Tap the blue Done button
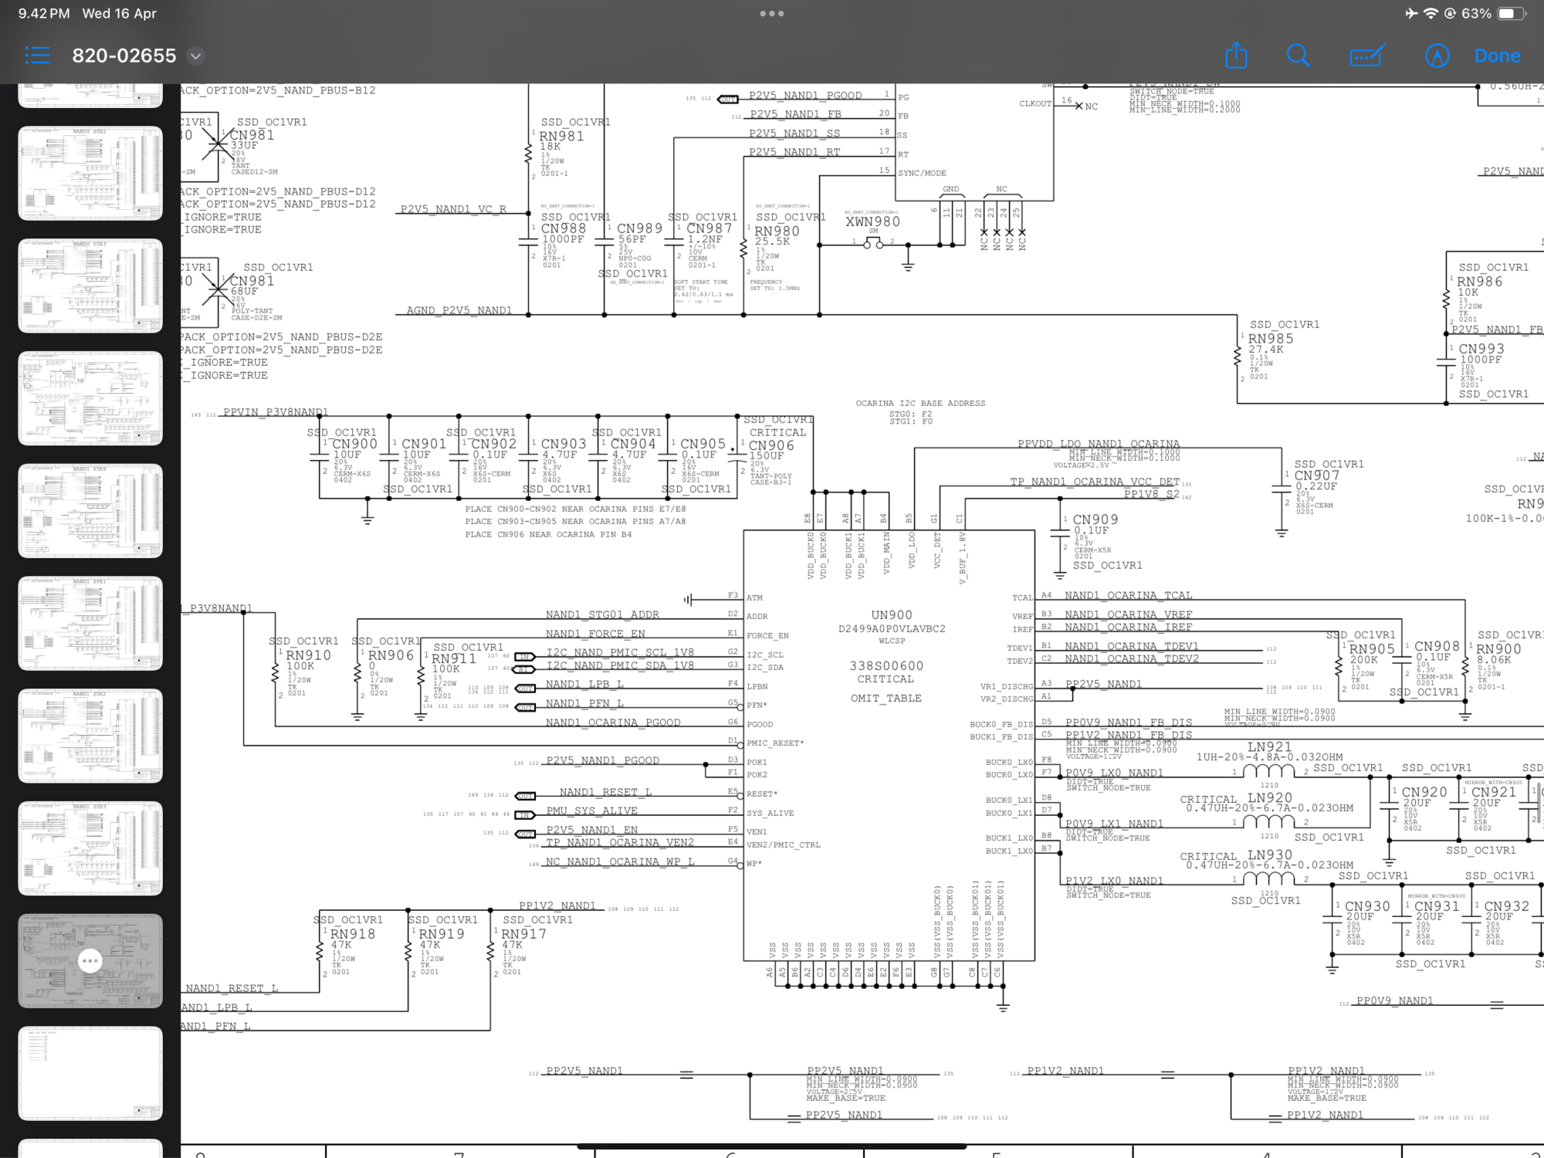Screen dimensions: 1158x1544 (1497, 56)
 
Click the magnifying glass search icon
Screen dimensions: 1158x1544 (1298, 56)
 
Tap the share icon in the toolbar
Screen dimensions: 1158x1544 (1236, 56)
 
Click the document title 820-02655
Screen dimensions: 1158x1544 (124, 56)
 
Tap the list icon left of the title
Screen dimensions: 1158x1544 (37, 56)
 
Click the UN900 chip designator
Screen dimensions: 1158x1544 (891, 615)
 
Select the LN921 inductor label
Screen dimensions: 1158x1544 (1269, 747)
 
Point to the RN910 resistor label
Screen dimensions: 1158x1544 (308, 655)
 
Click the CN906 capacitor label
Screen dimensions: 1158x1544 (770, 445)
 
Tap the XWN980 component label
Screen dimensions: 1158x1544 (872, 222)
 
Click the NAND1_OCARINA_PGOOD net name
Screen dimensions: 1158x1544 (613, 723)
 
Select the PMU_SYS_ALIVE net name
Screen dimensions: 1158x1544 (592, 811)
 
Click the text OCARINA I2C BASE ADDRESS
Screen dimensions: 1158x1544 (920, 403)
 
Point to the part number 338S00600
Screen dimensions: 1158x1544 (886, 665)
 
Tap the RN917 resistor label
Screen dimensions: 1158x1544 (523, 934)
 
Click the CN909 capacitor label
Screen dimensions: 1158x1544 (1095, 520)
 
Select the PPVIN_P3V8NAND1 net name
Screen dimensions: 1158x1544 (276, 412)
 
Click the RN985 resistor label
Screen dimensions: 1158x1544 (1270, 339)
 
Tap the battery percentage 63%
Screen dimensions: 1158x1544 (1476, 13)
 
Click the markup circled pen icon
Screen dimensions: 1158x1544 (1437, 56)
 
